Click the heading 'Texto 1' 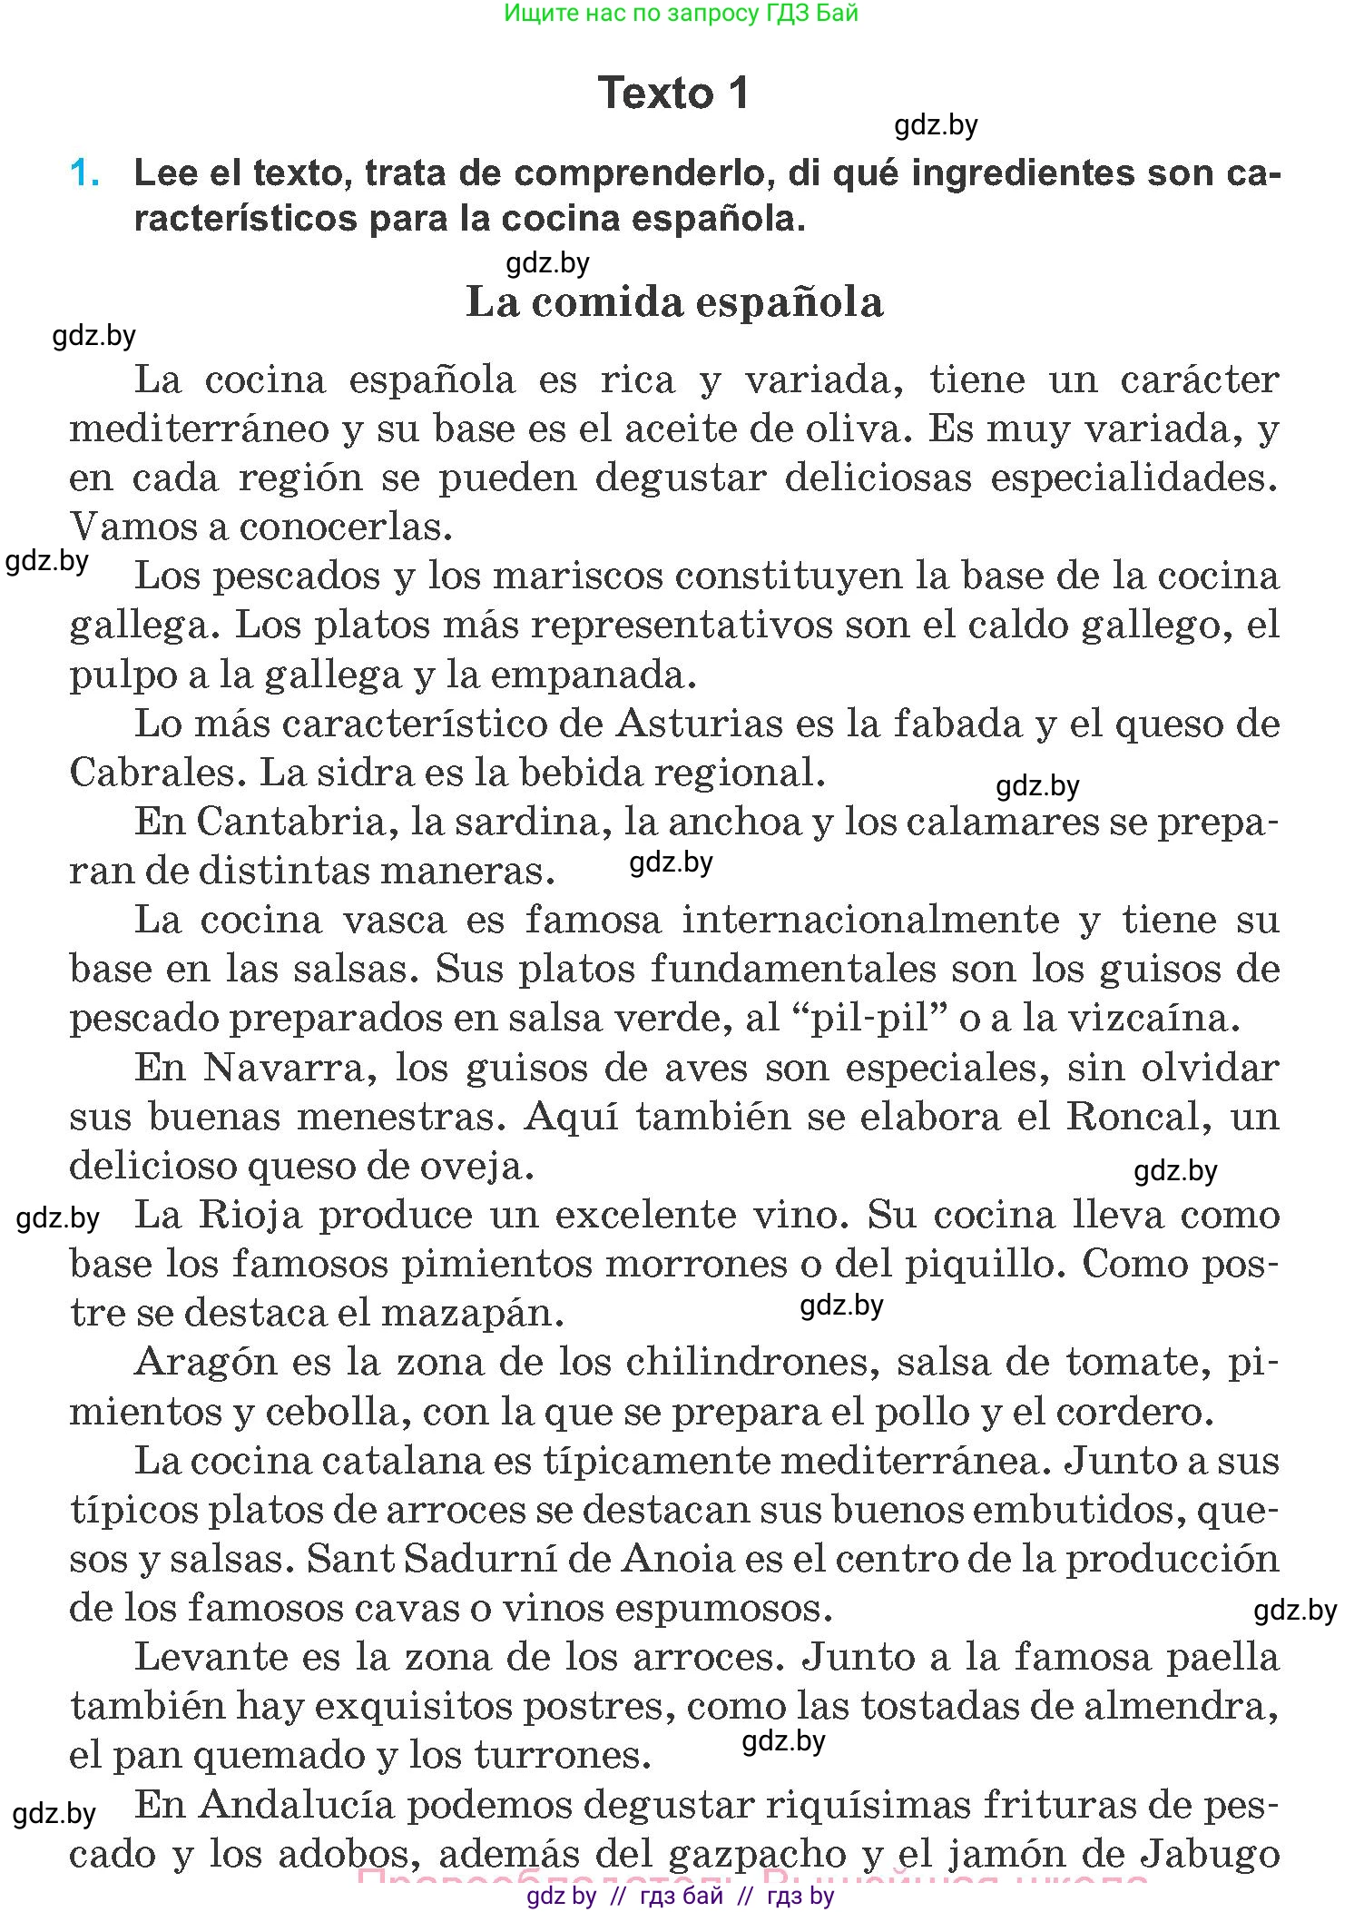[x=673, y=94]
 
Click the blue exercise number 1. [x=84, y=173]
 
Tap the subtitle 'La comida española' [x=674, y=302]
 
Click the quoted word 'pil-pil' [x=871, y=1019]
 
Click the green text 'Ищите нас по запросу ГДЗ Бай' [x=681, y=13]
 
